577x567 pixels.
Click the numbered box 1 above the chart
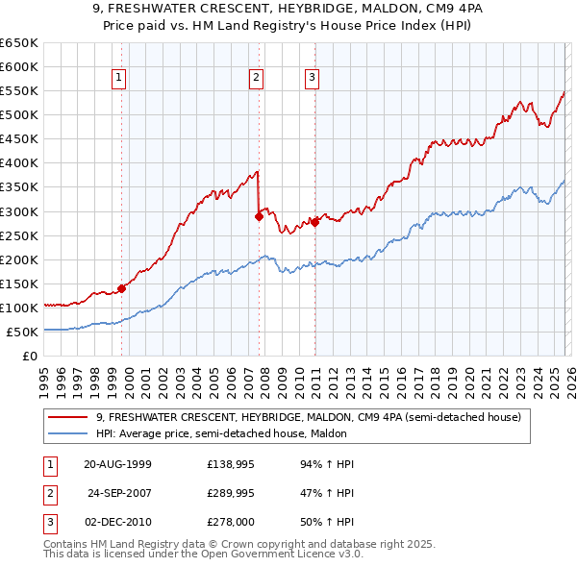(x=119, y=79)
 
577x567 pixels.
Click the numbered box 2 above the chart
(x=257, y=79)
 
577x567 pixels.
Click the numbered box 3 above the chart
(x=313, y=79)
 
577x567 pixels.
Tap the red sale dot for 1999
(x=122, y=287)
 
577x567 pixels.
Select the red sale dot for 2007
(x=259, y=216)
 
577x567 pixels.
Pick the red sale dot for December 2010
(x=314, y=222)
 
